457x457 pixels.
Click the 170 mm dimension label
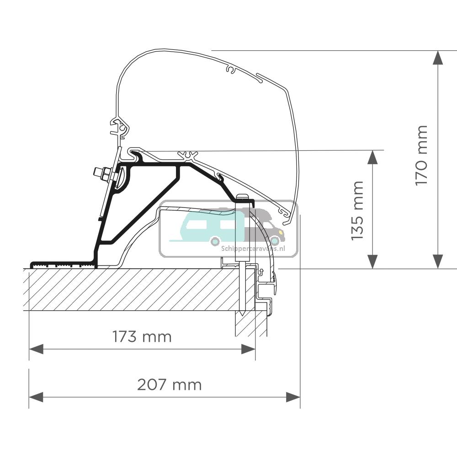421,155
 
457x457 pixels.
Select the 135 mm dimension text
357,210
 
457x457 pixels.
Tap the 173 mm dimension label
142,337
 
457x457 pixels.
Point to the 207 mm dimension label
169,385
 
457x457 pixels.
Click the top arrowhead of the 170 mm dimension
438,57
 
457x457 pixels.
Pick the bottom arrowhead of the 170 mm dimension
438,262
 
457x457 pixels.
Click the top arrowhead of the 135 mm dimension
372,157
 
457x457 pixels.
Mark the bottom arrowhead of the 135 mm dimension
372,262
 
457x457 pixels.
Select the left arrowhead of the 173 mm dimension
36,349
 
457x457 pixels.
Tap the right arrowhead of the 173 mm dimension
248,349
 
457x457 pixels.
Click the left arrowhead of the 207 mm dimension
36,397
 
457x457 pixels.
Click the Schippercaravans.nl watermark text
253,249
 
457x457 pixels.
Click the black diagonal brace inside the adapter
142,210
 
